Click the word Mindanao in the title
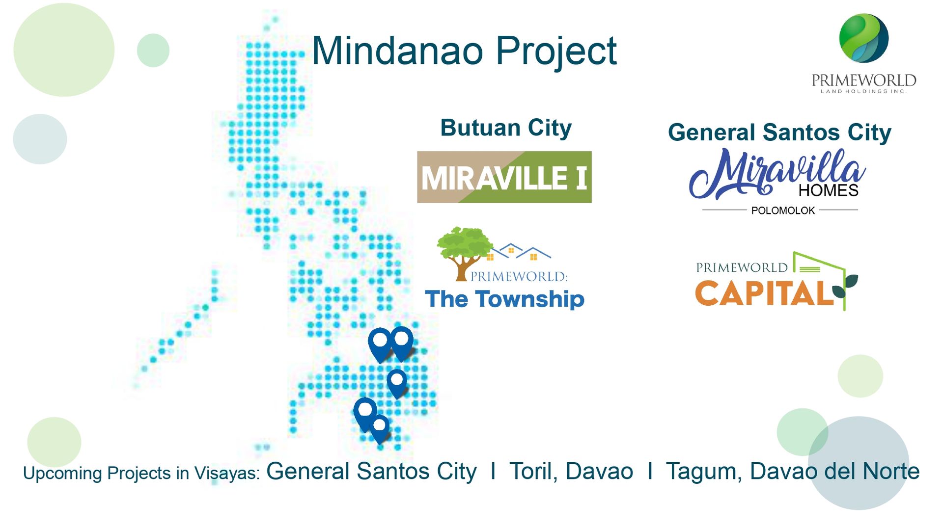[397, 51]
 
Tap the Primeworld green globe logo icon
[863, 38]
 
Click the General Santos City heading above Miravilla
[779, 133]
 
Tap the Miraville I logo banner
[504, 177]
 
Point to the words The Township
[504, 299]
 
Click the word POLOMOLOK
[783, 211]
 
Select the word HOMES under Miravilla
[829, 190]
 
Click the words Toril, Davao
[571, 472]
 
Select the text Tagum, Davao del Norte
[793, 472]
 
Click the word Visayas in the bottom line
[226, 474]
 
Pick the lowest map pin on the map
[380, 429]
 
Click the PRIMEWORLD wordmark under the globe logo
[863, 80]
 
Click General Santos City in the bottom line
[371, 472]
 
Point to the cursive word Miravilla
[776, 173]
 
